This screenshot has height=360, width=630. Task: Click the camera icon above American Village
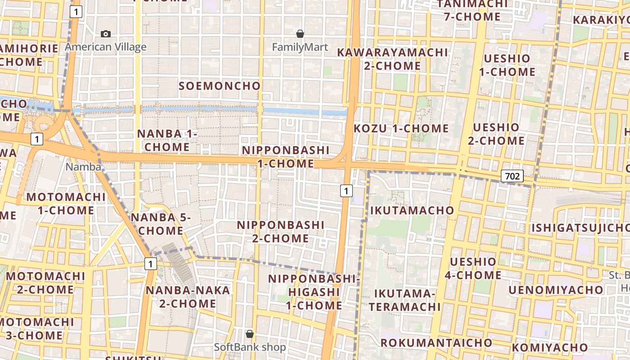click(106, 34)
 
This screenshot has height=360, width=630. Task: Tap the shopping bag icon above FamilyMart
click(300, 34)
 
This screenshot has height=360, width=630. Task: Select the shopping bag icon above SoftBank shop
click(250, 334)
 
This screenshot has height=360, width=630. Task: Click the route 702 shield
click(513, 176)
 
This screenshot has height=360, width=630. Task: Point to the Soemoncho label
click(220, 86)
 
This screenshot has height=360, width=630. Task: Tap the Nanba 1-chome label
click(167, 140)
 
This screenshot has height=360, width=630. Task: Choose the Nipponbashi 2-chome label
click(281, 231)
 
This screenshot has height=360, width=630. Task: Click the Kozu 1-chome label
click(401, 128)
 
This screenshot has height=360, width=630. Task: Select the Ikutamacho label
click(412, 210)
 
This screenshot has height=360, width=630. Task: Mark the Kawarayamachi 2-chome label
click(392, 59)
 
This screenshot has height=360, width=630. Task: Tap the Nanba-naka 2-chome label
click(188, 297)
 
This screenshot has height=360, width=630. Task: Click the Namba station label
click(83, 166)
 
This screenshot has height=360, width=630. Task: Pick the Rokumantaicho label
click(436, 342)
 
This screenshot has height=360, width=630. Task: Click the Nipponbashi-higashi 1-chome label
click(315, 292)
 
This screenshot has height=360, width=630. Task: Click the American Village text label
click(106, 47)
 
